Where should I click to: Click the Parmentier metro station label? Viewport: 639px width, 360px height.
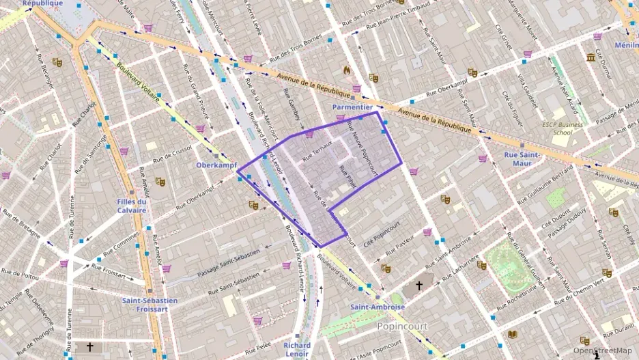pyautogui.click(x=352, y=107)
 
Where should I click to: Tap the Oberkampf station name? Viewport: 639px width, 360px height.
pyautogui.click(x=216, y=165)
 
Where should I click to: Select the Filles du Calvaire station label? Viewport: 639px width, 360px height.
pyautogui.click(x=132, y=206)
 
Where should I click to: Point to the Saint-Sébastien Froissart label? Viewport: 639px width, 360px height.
pyautogui.click(x=150, y=304)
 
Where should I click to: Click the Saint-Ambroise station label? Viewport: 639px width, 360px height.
pyautogui.click(x=378, y=307)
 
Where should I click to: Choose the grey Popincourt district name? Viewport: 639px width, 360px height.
pyautogui.click(x=402, y=327)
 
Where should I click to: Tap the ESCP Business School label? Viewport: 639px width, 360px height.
pyautogui.click(x=563, y=128)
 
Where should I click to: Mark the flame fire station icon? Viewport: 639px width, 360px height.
pyautogui.click(x=347, y=70)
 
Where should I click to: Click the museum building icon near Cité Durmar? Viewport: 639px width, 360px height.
pyautogui.click(x=590, y=57)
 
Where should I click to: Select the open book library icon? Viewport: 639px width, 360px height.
pyautogui.click(x=512, y=334)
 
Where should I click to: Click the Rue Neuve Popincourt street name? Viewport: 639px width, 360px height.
pyautogui.click(x=363, y=148)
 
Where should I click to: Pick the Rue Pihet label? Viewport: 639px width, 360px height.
pyautogui.click(x=347, y=177)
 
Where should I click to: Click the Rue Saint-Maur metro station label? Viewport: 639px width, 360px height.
pyautogui.click(x=522, y=158)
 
